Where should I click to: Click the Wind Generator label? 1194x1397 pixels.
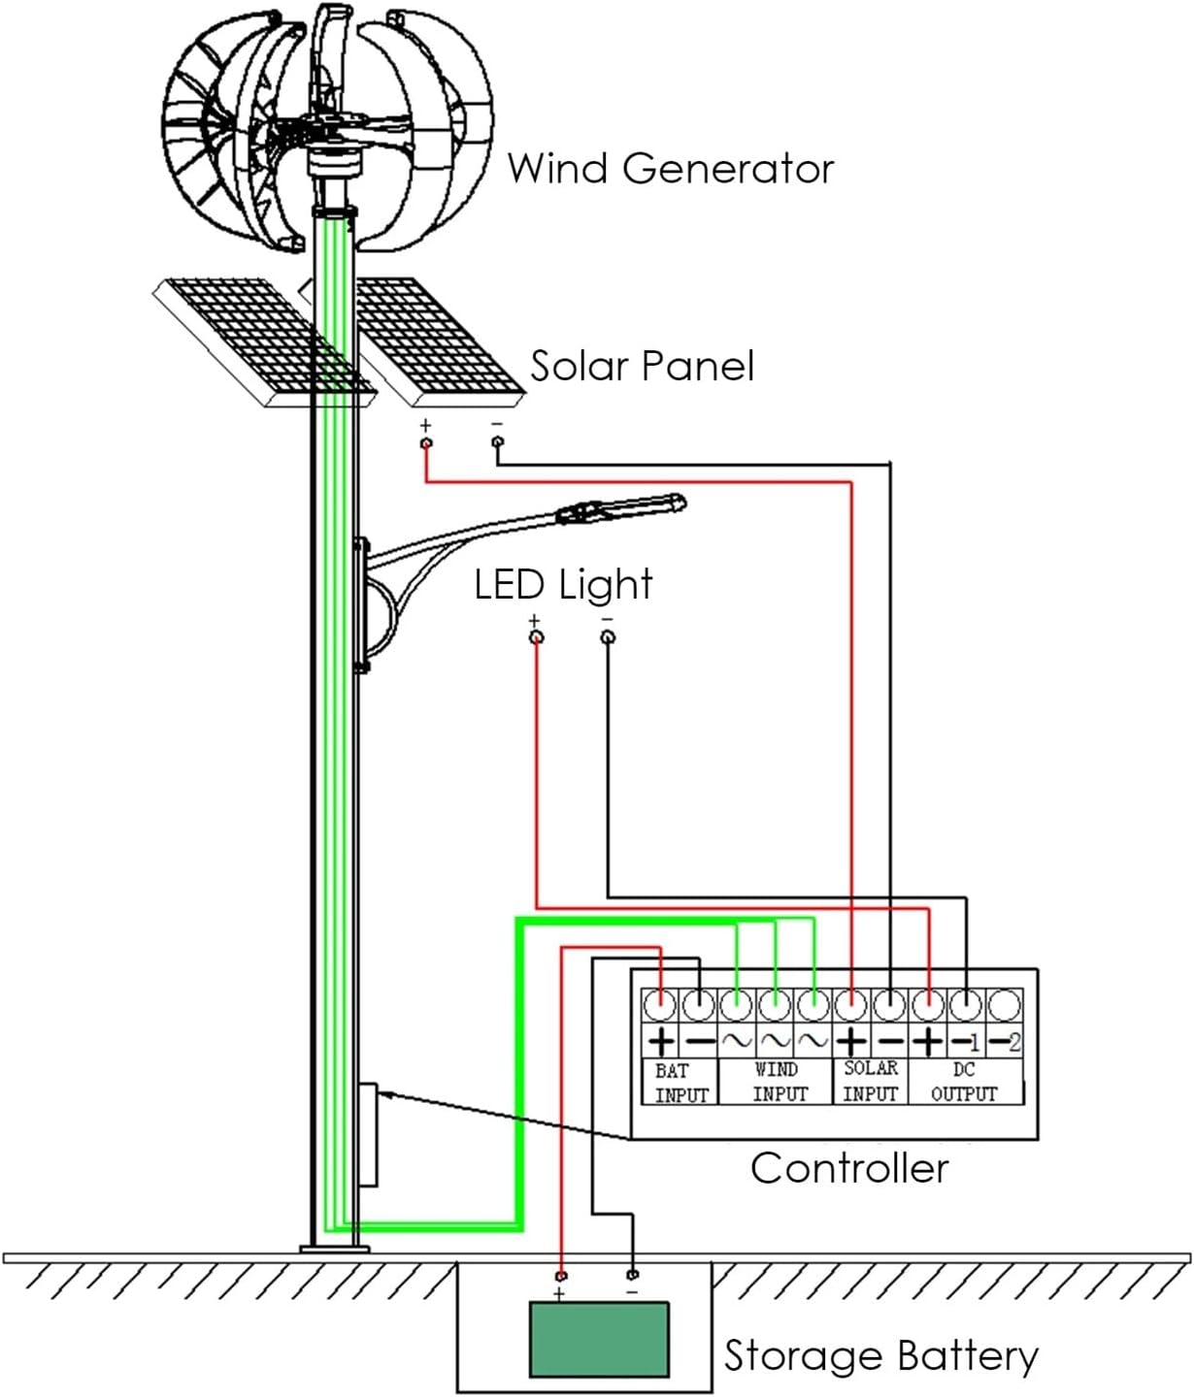coord(670,169)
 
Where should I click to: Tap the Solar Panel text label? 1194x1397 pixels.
coord(642,367)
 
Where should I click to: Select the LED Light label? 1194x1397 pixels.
coord(563,585)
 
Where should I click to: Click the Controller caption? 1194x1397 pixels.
coord(849,1168)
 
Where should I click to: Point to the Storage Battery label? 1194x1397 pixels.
coord(880,1356)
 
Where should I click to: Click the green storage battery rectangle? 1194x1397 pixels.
coord(599,1340)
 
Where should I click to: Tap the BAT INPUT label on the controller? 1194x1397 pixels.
coord(680,1083)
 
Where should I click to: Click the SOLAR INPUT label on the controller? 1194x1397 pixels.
coord(870,1081)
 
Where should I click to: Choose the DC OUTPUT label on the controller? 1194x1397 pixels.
coord(964,1082)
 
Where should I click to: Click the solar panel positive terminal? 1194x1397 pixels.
coord(425,443)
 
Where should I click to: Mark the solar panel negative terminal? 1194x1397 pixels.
coord(498,442)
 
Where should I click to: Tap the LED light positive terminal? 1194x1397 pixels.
coord(536,636)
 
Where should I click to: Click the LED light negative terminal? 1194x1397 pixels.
coord(608,636)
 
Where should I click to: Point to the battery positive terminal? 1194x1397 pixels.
coord(561,1275)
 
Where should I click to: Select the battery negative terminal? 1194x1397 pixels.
coord(633,1274)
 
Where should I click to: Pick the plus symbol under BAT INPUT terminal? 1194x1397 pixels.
coord(660,1042)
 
